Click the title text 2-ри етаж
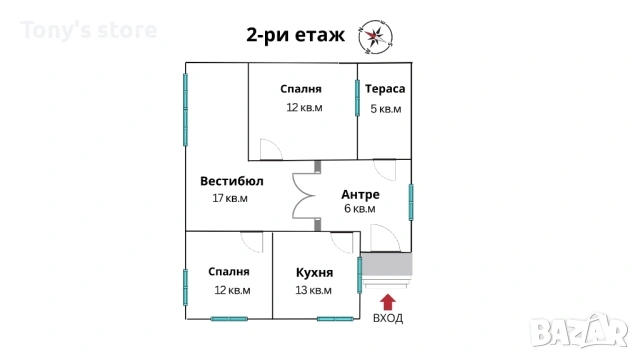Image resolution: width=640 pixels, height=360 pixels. point(295,37)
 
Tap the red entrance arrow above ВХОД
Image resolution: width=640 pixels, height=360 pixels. point(388,299)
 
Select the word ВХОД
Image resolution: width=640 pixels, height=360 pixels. point(388,318)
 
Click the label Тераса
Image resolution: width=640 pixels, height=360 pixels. point(384,88)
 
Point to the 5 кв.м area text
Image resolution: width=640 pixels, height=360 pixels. point(385,109)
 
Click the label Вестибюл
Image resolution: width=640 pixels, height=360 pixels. point(231,181)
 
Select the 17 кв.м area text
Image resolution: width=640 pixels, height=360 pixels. point(230,198)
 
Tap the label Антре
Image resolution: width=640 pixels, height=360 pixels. point(360,193)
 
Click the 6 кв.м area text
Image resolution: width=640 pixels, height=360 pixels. point(360,209)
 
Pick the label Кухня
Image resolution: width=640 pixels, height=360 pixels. point(314,272)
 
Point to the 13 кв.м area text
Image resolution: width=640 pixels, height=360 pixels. point(314,290)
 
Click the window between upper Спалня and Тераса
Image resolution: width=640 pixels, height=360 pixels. point(357,99)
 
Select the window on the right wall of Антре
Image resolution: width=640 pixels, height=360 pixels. point(411,201)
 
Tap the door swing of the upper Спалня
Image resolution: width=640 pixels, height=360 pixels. point(271,150)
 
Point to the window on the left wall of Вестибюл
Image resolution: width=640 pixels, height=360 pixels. point(185,111)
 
